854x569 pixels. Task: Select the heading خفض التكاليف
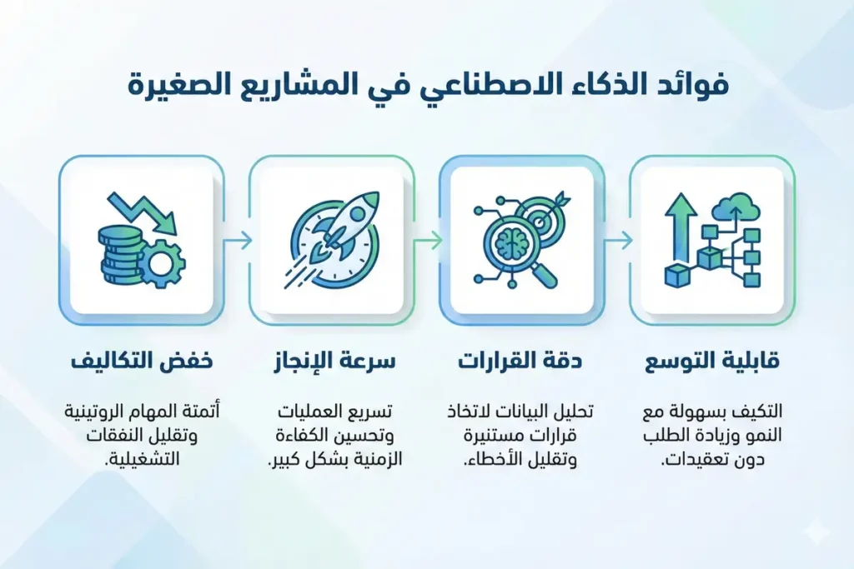pos(140,364)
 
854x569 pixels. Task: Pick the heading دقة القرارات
pos(521,364)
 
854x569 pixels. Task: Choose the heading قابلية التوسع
pos(711,364)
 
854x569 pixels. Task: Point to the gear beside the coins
pos(162,264)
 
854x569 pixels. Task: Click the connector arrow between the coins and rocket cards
pos(238,241)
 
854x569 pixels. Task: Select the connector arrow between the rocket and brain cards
pos(428,241)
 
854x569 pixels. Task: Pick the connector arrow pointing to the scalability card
pos(617,241)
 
